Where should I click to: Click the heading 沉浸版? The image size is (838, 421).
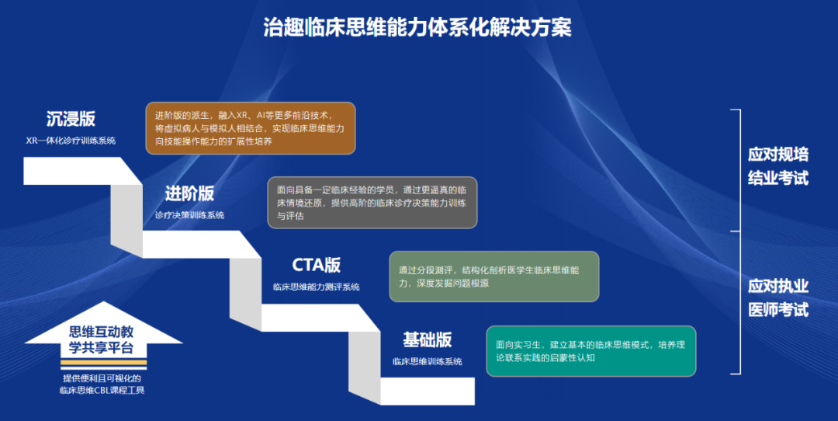click(71, 119)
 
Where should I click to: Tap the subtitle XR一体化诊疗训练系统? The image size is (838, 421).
click(71, 141)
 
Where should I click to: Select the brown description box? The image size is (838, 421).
click(251, 128)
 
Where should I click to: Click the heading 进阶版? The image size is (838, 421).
click(190, 193)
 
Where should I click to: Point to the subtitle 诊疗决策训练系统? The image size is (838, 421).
click(190, 215)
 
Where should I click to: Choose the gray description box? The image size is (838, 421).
click(372, 203)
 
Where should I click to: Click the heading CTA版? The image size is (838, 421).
click(317, 266)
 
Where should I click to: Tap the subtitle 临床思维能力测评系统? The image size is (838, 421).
click(317, 287)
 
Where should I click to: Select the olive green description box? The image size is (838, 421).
click(494, 277)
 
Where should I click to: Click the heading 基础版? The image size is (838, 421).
click(428, 339)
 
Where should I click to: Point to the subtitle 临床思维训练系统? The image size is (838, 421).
click(428, 362)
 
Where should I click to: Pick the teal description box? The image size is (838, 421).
click(591, 351)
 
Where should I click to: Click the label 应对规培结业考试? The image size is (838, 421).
click(778, 165)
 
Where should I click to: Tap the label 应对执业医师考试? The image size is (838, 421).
click(778, 298)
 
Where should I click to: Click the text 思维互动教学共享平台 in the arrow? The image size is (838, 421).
click(101, 340)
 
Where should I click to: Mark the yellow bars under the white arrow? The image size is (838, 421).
click(104, 365)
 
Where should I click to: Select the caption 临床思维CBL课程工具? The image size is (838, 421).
click(102, 390)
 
